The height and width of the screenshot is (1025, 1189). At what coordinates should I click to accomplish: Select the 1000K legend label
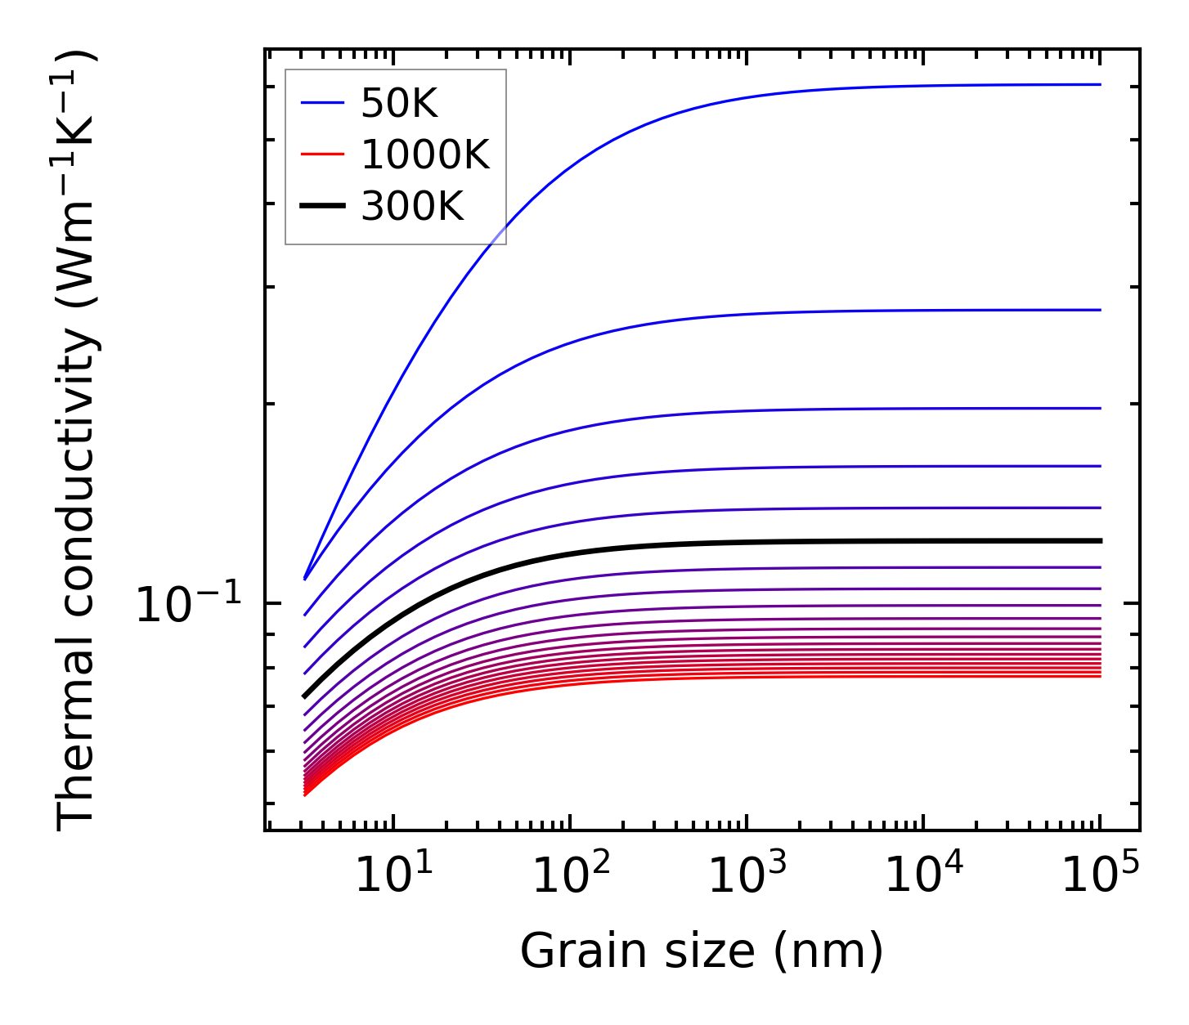(x=424, y=154)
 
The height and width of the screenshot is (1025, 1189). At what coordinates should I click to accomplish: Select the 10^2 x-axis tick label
(x=570, y=876)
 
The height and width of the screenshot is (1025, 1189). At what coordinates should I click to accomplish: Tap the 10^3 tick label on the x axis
(x=747, y=876)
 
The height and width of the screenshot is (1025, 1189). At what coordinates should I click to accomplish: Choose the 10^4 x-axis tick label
(x=923, y=876)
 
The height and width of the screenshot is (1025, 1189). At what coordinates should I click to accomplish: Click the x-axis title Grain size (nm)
(x=702, y=951)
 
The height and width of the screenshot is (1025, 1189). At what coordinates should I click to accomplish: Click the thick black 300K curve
(x=736, y=543)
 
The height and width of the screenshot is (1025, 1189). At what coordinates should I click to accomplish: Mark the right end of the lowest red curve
(x=1100, y=676)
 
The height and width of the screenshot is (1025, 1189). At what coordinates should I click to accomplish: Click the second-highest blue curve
(x=736, y=315)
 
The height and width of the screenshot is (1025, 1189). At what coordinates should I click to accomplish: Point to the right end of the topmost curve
(x=1100, y=84)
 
